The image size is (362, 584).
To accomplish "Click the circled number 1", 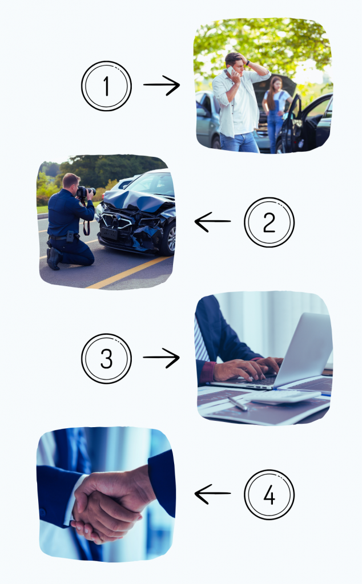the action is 106,86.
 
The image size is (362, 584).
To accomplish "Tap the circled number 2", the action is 269,222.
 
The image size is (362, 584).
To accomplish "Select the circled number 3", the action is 106,358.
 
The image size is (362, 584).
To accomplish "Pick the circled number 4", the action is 269,494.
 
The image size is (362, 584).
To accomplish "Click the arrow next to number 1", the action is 162,86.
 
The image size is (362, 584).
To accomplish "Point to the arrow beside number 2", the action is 212,222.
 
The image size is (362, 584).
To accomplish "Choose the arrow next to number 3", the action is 162,358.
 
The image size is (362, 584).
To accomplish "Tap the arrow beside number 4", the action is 212,494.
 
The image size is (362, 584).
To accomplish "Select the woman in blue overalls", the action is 276,112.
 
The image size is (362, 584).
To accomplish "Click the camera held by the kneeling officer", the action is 86,192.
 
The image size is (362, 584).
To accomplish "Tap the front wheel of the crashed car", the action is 169,238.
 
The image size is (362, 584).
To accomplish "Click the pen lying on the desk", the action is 238,403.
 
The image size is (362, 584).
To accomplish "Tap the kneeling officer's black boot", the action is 54,258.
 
